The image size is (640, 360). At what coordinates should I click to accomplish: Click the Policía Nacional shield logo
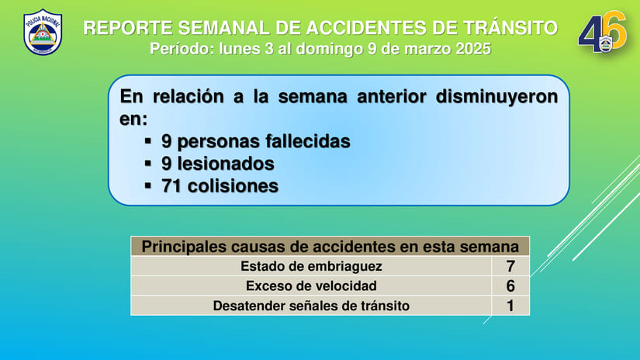(43, 33)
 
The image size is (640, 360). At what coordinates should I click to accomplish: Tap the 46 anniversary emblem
(602, 33)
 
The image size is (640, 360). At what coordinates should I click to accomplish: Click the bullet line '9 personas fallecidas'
(255, 142)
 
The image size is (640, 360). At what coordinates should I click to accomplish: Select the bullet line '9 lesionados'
(217, 164)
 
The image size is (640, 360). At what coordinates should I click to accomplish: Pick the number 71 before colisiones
(171, 187)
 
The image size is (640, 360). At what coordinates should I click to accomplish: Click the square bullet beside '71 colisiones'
(149, 187)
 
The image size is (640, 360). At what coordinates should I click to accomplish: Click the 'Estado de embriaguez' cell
(311, 266)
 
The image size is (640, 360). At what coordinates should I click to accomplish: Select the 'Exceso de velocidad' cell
(311, 286)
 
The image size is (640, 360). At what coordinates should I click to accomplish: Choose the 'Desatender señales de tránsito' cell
(311, 306)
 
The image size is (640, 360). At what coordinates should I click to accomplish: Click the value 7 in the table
(510, 266)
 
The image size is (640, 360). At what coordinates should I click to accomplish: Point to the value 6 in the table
(510, 286)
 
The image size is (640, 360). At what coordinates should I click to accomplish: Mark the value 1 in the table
(510, 306)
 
